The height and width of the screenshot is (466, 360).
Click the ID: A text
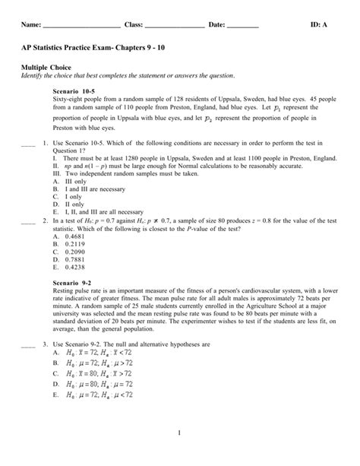pos(319,26)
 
